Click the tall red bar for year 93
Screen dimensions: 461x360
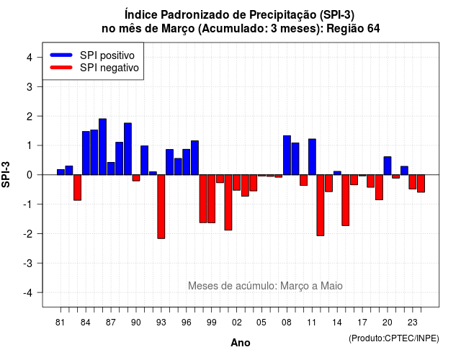(161, 207)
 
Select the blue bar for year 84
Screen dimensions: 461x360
(86, 153)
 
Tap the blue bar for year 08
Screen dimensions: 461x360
(287, 156)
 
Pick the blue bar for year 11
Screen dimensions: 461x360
(312, 157)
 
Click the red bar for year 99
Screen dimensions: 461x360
(211, 199)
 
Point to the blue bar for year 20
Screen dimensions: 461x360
(388, 166)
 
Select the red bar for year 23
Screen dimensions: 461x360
(413, 182)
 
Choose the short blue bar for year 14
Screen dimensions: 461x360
(337, 173)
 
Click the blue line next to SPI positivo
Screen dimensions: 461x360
(61, 55)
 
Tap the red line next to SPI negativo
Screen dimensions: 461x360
(61, 67)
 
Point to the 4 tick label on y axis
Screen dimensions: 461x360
(30, 58)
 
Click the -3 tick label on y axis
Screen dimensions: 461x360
(28, 263)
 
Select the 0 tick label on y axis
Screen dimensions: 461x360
(30, 175)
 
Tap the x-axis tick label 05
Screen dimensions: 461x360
(261, 323)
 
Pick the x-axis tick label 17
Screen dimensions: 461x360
(362, 323)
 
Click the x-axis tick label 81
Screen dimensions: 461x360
(60, 323)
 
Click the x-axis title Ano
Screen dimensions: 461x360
(241, 343)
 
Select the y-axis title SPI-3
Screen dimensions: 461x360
(6, 174)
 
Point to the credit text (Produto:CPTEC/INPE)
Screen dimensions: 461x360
(394, 338)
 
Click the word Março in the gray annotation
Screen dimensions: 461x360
(295, 286)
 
